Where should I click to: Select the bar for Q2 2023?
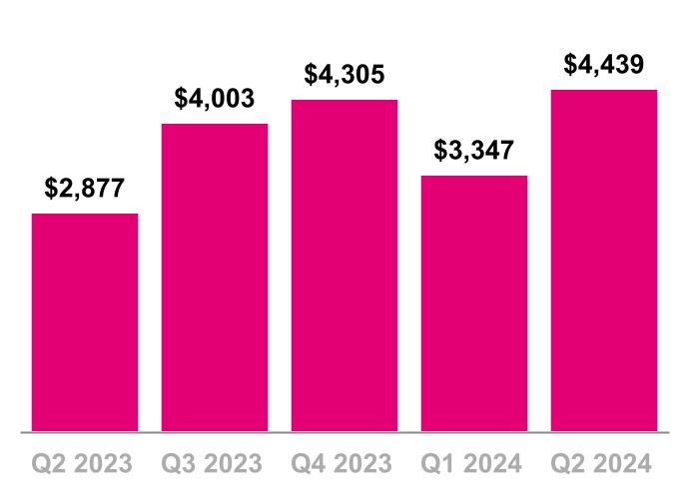[85, 322]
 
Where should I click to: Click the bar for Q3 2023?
[215, 277]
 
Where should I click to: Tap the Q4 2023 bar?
[344, 265]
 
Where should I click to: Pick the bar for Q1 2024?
[474, 303]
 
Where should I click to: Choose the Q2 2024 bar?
[604, 260]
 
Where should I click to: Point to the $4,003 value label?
[215, 98]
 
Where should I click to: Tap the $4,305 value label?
[344, 74]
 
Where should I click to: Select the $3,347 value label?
[474, 151]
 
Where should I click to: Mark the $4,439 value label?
[604, 65]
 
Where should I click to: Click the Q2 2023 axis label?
[85, 463]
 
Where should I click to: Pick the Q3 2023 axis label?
[215, 463]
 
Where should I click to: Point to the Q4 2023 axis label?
[344, 463]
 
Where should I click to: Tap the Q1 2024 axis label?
[474, 463]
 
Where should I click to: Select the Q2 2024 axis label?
[604, 463]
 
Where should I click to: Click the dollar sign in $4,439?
[570, 65]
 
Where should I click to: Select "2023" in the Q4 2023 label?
[363, 463]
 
